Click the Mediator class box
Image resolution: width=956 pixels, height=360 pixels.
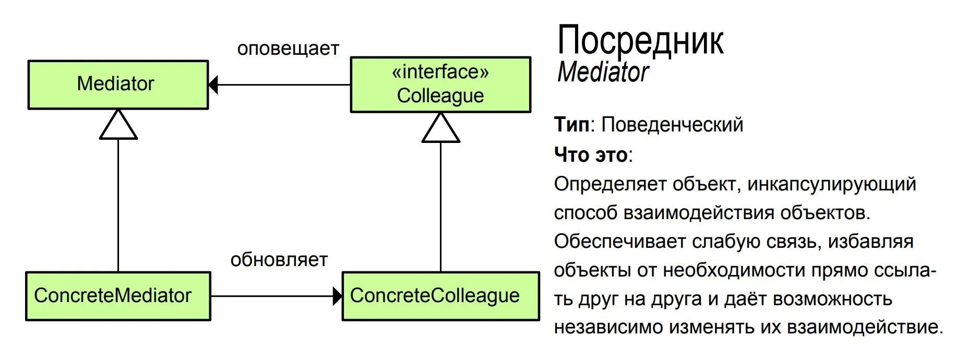[118, 85]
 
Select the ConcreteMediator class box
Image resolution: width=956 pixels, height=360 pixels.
[118, 296]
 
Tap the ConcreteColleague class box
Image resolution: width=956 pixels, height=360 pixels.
[440, 296]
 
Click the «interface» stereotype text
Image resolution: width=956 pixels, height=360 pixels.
[440, 72]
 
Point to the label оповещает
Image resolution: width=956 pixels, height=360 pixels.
[288, 49]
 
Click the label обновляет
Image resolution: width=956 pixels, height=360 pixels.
[279, 260]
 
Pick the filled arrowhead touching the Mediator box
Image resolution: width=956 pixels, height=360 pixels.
[213, 85]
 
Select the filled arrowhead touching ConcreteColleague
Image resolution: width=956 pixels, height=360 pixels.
[338, 296]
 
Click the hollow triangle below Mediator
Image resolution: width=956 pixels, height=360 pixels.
[118, 126]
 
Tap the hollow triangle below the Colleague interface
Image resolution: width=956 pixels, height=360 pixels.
[440, 129]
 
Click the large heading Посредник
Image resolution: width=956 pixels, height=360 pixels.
[640, 40]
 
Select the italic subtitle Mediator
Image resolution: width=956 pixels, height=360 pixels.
[603, 73]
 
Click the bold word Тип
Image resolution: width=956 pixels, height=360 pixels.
[571, 125]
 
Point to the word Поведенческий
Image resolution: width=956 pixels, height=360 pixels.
[672, 125]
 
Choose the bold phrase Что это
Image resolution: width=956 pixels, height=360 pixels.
[591, 155]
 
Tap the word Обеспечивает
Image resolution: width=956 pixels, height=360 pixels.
[619, 242]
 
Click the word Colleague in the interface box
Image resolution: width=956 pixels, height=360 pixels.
[440, 96]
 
